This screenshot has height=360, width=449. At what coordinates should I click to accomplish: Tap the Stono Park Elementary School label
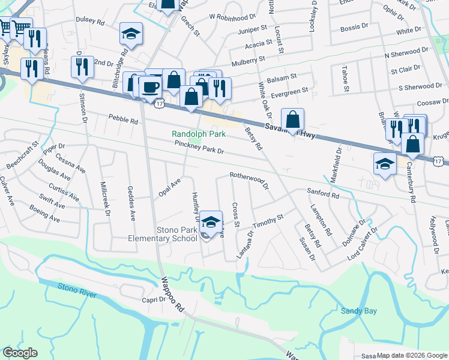176,234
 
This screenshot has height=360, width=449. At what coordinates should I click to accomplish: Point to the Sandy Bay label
359,310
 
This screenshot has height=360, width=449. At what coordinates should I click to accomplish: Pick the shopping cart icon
20,27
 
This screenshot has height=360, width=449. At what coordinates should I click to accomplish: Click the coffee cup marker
150,88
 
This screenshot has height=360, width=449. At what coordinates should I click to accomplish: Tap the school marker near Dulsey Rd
130,34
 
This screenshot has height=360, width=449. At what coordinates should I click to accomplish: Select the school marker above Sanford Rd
384,163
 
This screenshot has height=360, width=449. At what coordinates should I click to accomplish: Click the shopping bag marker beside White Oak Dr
292,119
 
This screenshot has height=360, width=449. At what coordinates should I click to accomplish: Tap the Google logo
20,353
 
